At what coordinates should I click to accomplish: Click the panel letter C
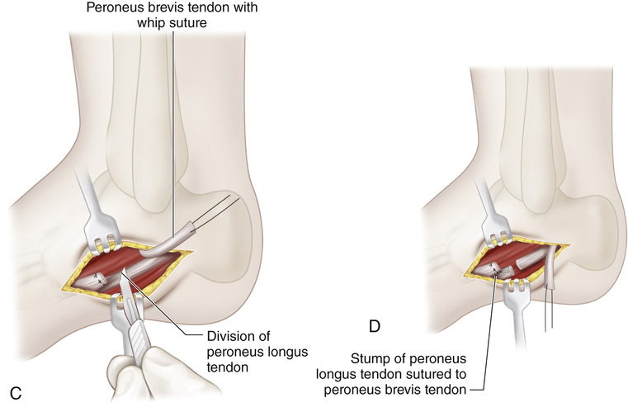16,393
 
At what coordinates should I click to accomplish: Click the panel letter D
374,327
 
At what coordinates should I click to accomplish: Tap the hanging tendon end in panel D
551,281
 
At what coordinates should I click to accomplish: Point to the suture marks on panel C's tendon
99,278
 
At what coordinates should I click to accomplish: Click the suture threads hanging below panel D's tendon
549,310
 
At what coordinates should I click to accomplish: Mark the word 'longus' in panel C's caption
286,352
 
